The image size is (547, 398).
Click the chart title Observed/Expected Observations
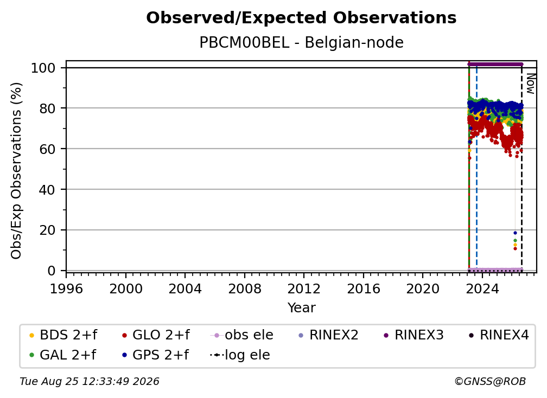pyautogui.click(x=301, y=18)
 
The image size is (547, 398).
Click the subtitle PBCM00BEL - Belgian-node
pyautogui.click(x=301, y=42)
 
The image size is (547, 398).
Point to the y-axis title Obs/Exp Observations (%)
pyautogui.click(x=16, y=171)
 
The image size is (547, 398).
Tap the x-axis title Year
pyautogui.click(x=301, y=308)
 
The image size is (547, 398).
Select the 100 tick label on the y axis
pyautogui.click(x=43, y=68)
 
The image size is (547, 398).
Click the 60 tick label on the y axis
pyautogui.click(x=47, y=149)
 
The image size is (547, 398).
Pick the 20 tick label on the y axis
pyautogui.click(x=47, y=230)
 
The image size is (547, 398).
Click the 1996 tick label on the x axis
pyautogui.click(x=66, y=289)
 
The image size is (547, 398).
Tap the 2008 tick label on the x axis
pyautogui.click(x=245, y=289)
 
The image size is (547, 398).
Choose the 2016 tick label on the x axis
pyautogui.click(x=364, y=289)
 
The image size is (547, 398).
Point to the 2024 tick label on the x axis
pyautogui.click(x=482, y=289)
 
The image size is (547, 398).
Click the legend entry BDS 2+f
pyautogui.click(x=63, y=335)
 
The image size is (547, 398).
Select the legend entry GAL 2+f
pyautogui.click(x=62, y=355)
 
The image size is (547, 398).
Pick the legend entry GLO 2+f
pyautogui.click(x=156, y=335)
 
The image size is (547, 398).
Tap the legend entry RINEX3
pyautogui.click(x=414, y=335)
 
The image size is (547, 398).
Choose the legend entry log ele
pyautogui.click(x=240, y=355)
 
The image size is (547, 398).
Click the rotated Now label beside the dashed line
pyautogui.click(x=530, y=84)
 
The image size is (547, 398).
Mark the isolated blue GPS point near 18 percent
pyautogui.click(x=515, y=233)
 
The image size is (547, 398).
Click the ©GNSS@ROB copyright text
pyautogui.click(x=490, y=382)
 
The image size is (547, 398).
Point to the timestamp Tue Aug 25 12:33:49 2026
pyautogui.click(x=90, y=382)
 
